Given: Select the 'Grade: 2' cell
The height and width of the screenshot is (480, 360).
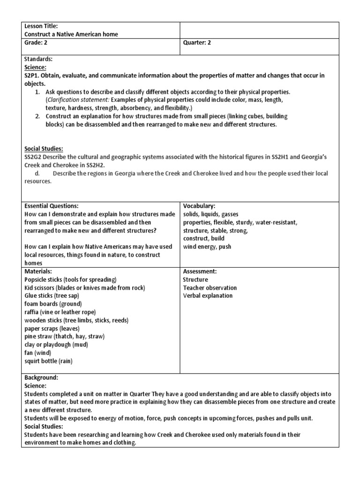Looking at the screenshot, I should pos(36,42).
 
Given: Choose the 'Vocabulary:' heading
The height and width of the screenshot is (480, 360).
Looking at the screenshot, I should pos(199,206).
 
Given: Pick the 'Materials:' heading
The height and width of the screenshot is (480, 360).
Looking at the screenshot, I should pos(38,271).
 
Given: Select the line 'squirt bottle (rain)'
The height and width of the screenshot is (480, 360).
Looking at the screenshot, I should pos(49,361).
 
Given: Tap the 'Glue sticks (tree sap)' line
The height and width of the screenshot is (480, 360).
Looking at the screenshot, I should pos(52,296).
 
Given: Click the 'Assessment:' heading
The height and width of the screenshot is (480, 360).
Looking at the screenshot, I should pos(199,271).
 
